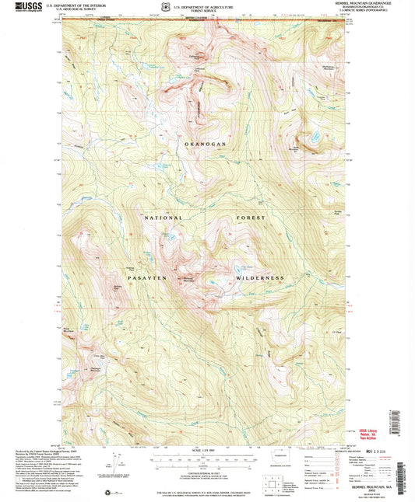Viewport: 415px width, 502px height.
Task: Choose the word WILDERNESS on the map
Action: (258, 277)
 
